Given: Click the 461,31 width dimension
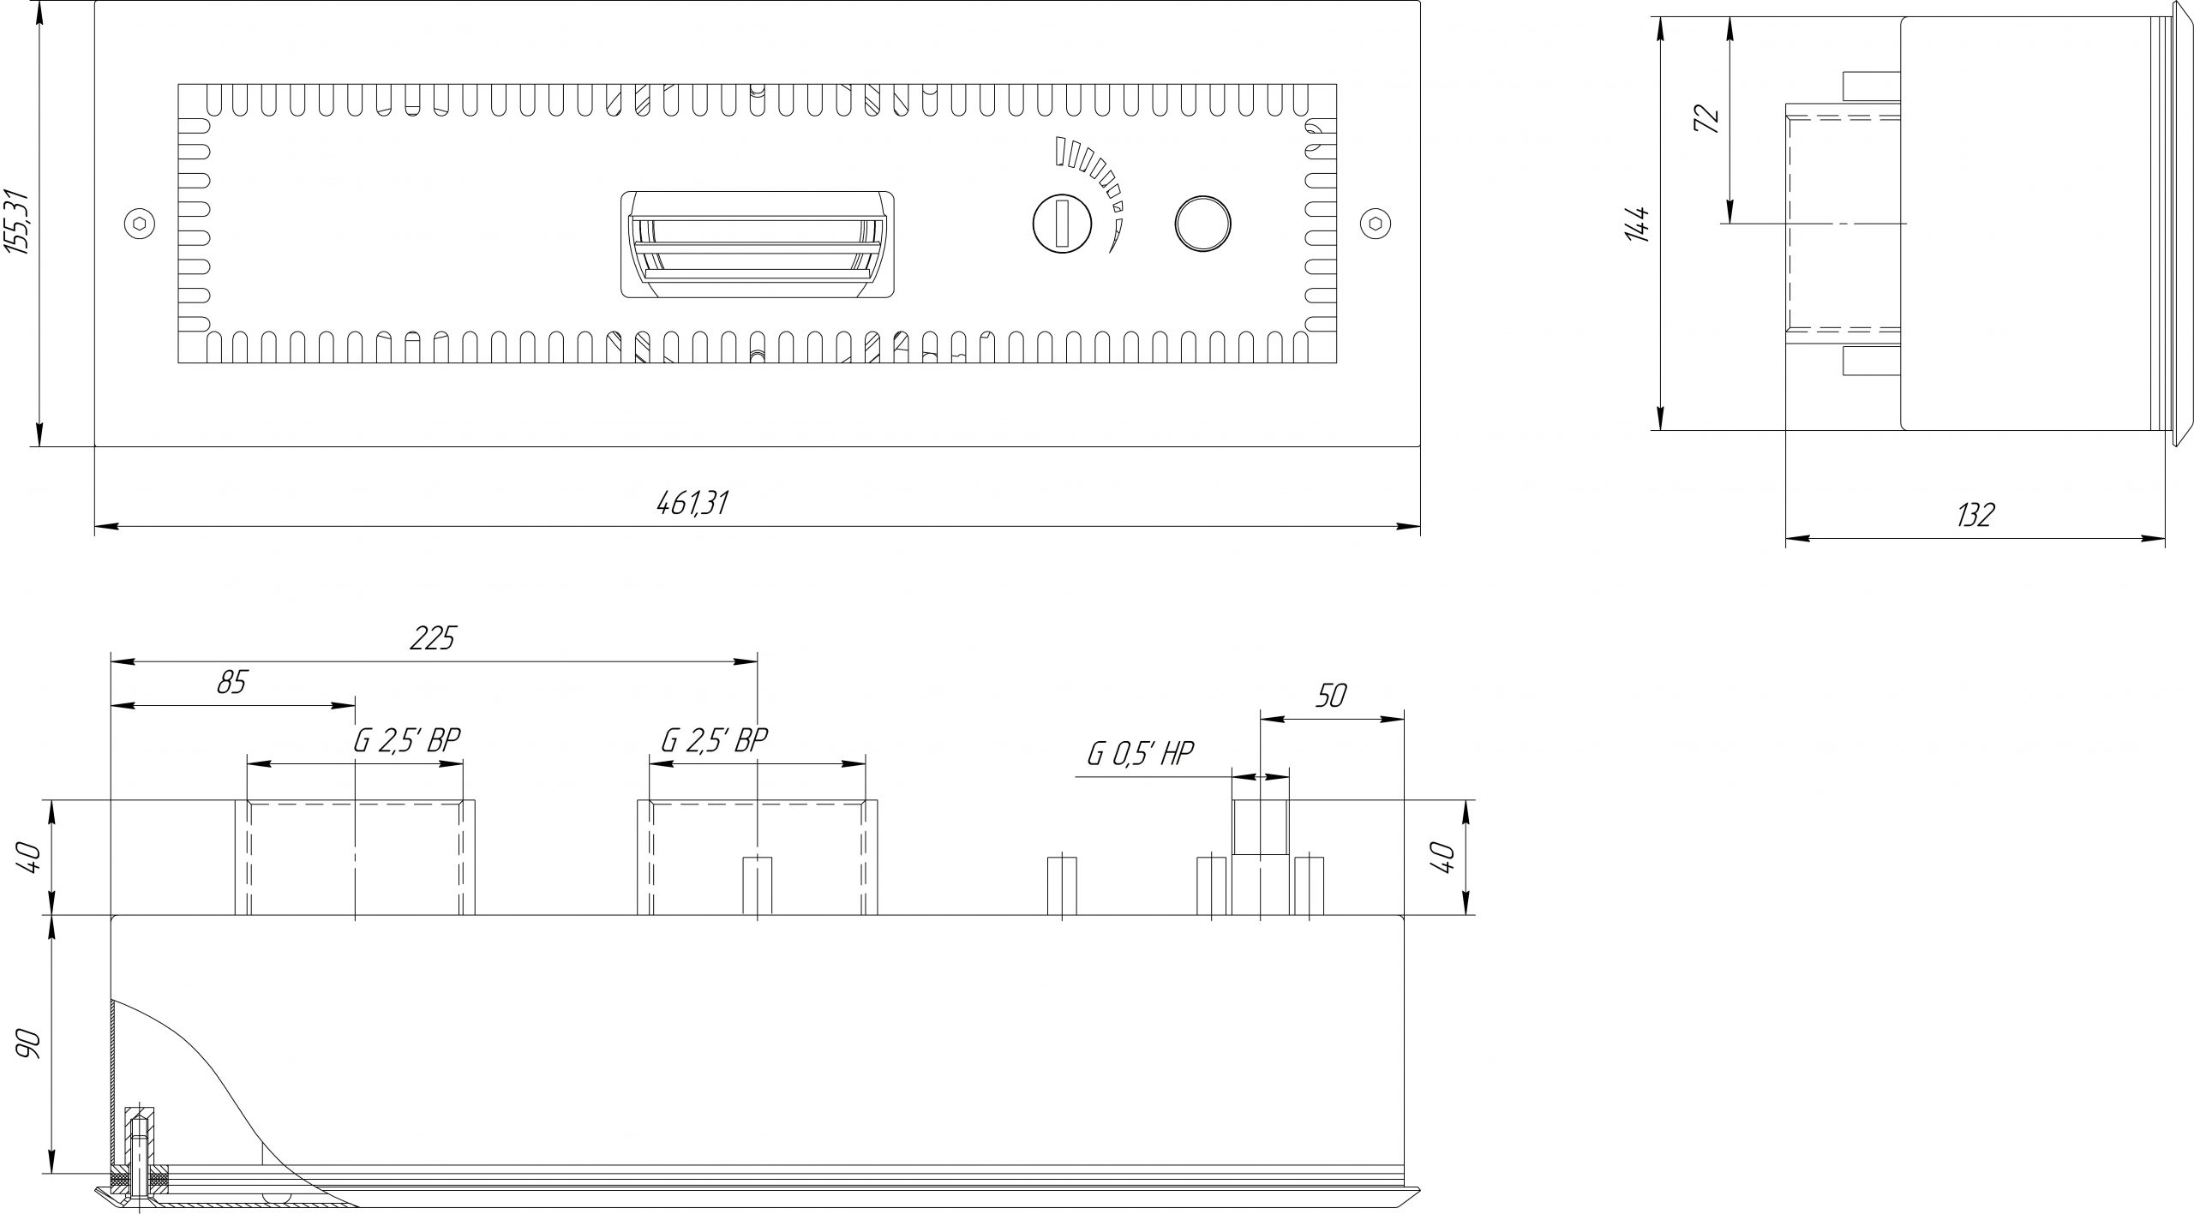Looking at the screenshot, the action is pos(692,503).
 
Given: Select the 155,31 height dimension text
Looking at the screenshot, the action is pos(19,222).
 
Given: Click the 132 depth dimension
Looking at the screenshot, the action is pos(1975,515).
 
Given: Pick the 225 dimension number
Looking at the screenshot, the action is pos(433,638).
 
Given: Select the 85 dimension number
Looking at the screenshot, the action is pos(231,683).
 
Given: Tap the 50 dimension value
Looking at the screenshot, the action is pos(1330,696).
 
